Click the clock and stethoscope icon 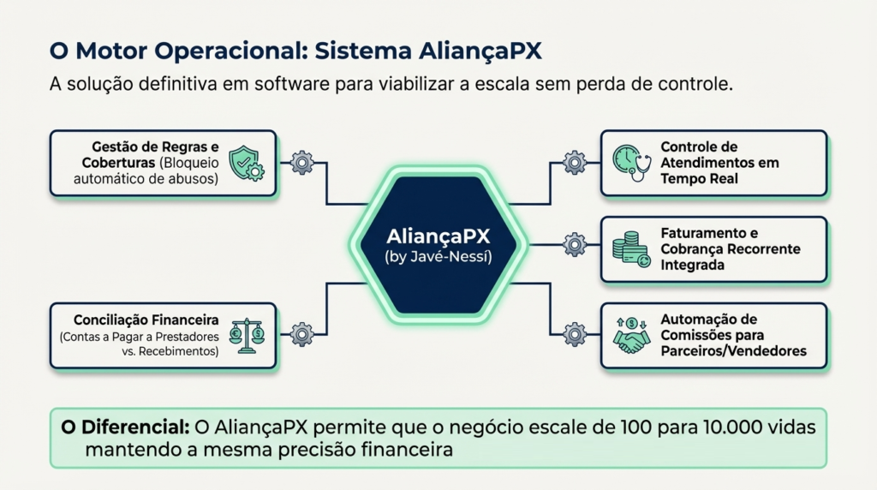pyautogui.click(x=632, y=163)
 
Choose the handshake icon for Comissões pyautogui.click(x=632, y=335)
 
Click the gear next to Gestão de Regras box pyautogui.click(x=302, y=163)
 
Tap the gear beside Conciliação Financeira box pyautogui.click(x=302, y=334)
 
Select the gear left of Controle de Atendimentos pyautogui.click(x=574, y=163)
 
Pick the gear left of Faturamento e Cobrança pyautogui.click(x=574, y=245)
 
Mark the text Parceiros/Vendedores pyautogui.click(x=733, y=351)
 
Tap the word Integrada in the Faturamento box pyautogui.click(x=693, y=266)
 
